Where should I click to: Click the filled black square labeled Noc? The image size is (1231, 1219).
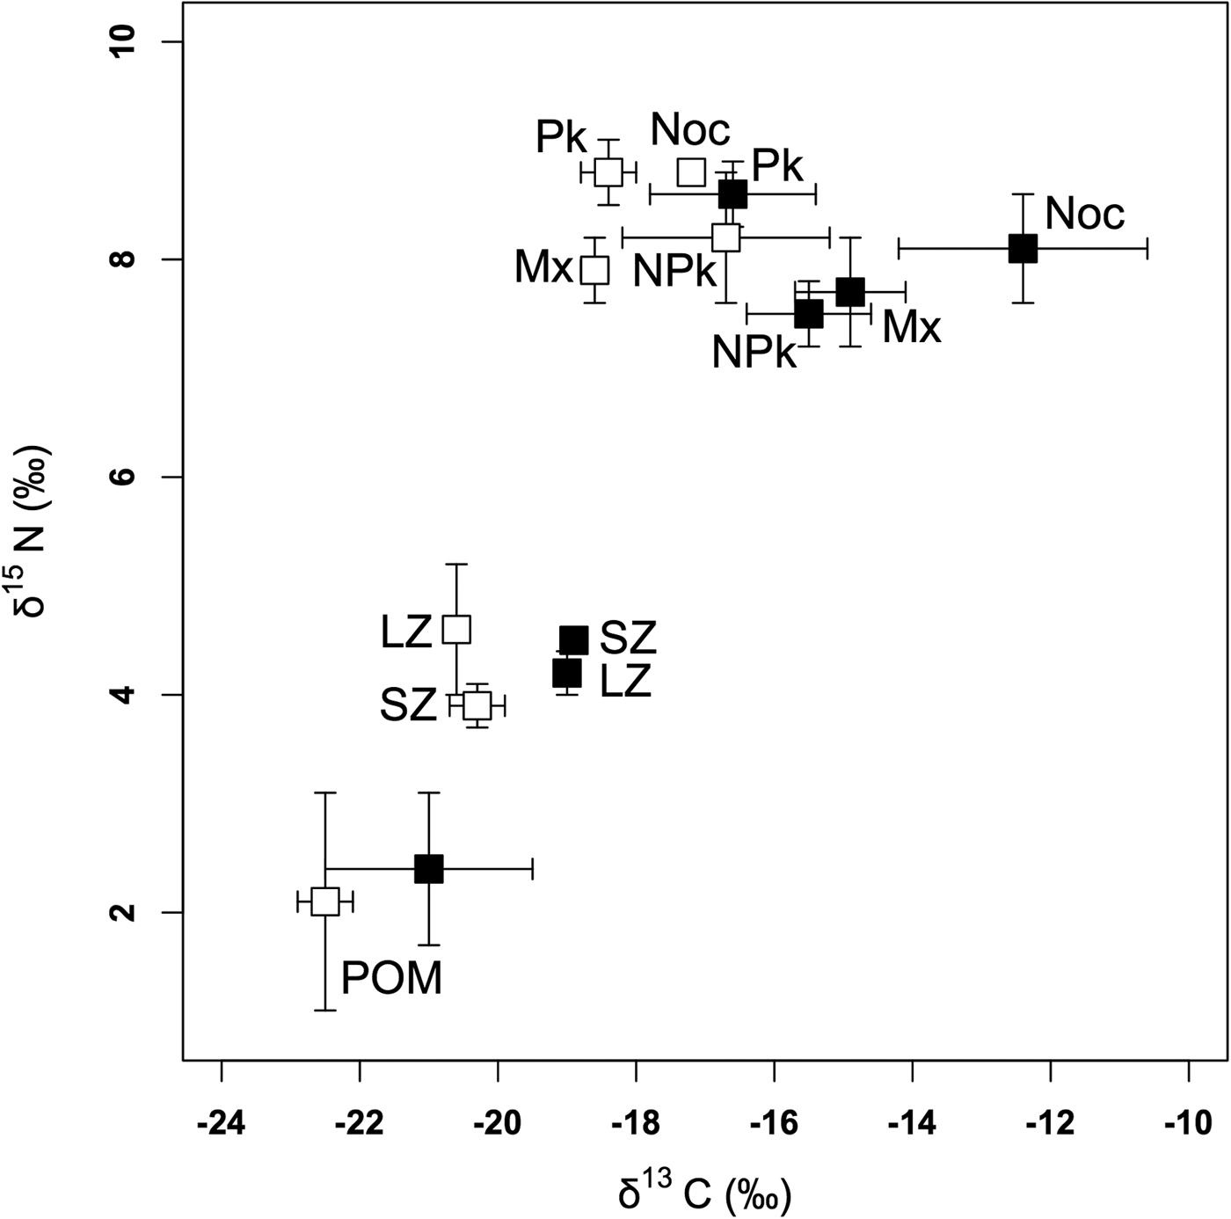click(x=1023, y=248)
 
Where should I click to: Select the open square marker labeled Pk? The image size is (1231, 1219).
click(x=608, y=172)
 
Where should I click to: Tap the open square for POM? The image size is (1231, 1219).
click(x=325, y=901)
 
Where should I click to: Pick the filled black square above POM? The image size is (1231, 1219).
click(x=428, y=869)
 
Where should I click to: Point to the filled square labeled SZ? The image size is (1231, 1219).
click(x=573, y=640)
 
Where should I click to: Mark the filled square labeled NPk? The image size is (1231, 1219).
click(x=809, y=313)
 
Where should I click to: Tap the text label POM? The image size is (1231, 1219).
click(x=391, y=978)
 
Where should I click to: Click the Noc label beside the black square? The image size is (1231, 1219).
click(x=1084, y=214)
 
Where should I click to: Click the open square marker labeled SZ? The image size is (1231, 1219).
click(x=477, y=704)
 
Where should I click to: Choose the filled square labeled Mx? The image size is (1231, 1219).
click(x=850, y=291)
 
